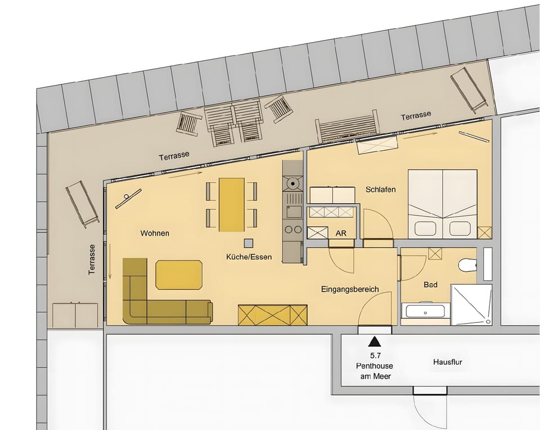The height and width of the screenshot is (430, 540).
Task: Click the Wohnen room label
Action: [155, 233]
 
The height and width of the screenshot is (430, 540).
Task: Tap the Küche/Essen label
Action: [249, 257]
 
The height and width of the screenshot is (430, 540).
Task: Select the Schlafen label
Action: [380, 190]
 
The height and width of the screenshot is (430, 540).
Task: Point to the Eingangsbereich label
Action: [349, 289]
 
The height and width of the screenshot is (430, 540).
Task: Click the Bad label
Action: [430, 285]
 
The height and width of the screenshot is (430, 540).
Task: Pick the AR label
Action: [341, 233]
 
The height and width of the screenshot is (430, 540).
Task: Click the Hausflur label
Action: [448, 362]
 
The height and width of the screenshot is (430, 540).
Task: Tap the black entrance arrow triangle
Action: [373, 341]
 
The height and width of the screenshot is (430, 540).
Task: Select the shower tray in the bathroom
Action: [471, 304]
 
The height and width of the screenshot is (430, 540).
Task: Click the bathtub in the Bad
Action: [425, 311]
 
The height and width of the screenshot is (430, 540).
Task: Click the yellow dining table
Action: [231, 204]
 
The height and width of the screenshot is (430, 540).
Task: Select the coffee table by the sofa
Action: [178, 274]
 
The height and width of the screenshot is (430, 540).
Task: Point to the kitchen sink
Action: [293, 212]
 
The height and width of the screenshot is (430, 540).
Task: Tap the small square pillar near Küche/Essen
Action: [248, 243]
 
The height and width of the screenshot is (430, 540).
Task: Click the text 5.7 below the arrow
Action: [373, 356]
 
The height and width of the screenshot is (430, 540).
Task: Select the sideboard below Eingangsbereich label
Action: [273, 315]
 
